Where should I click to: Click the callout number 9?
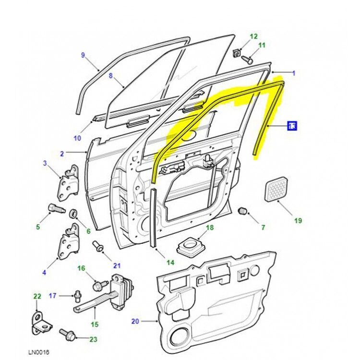83,55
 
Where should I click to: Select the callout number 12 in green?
253,36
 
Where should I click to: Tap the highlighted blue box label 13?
292,126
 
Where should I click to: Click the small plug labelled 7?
243,211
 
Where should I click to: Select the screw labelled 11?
248,60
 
